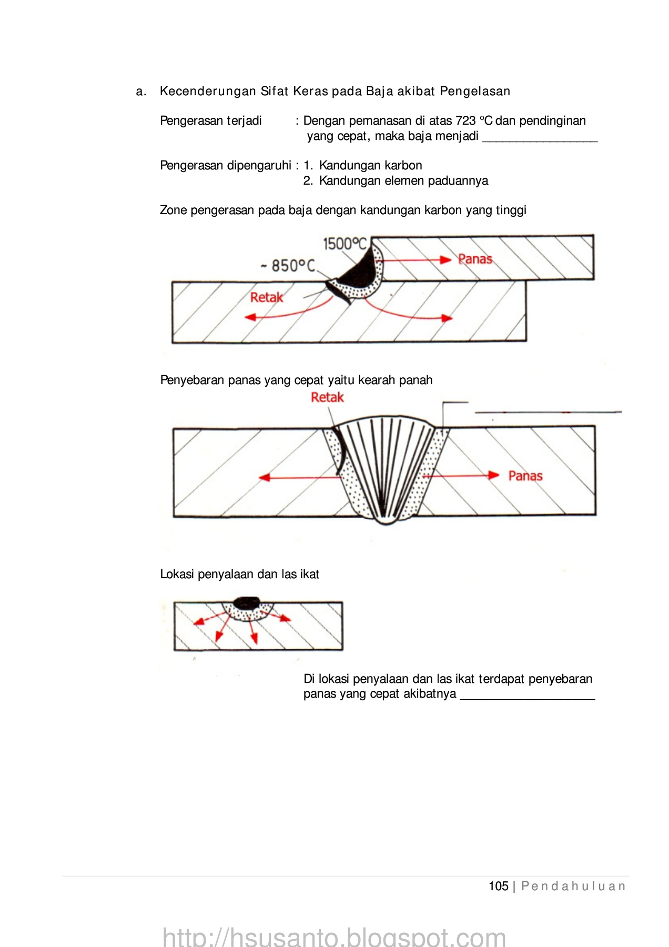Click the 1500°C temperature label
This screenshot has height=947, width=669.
(344, 244)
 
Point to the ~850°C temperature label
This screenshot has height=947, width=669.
(289, 266)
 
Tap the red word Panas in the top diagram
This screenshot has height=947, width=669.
(475, 259)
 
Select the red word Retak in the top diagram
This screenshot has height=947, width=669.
(266, 297)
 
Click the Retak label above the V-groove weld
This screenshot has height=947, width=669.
(327, 397)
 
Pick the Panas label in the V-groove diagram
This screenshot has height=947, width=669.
(525, 476)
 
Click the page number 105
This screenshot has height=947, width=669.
(498, 886)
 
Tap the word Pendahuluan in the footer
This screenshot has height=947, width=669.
(573, 886)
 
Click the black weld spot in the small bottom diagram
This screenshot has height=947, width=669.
(247, 602)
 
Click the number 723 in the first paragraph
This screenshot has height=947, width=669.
(465, 121)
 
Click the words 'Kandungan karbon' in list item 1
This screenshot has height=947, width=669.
(370, 166)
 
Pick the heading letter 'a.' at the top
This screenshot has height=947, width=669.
(141, 92)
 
